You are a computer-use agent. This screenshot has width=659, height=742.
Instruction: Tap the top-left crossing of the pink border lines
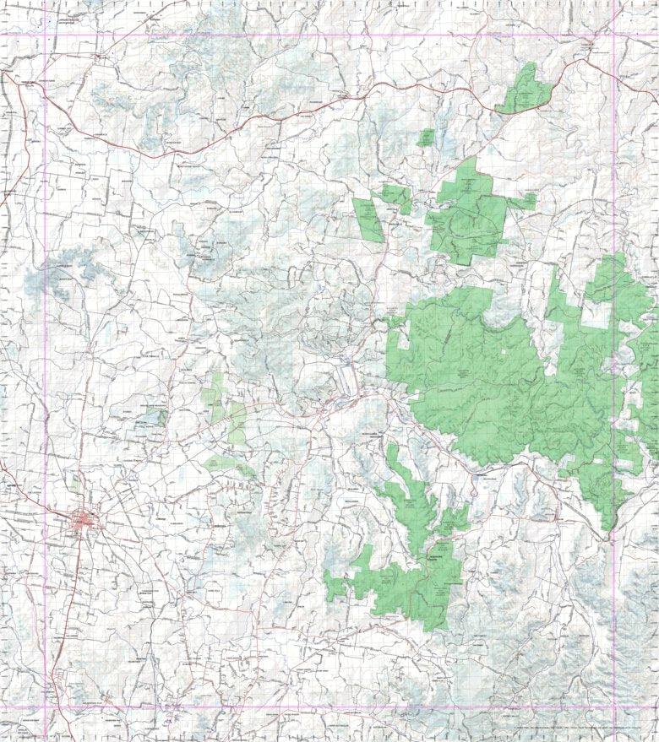point(44,35)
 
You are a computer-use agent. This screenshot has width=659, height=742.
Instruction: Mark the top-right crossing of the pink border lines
point(613,35)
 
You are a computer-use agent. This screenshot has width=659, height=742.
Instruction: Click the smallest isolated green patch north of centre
point(427,138)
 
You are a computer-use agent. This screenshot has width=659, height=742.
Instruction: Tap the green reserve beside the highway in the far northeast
point(526,89)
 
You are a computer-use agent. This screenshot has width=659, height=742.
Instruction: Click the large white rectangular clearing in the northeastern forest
point(596,314)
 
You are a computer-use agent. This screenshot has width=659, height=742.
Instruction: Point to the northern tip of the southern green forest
point(393,447)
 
